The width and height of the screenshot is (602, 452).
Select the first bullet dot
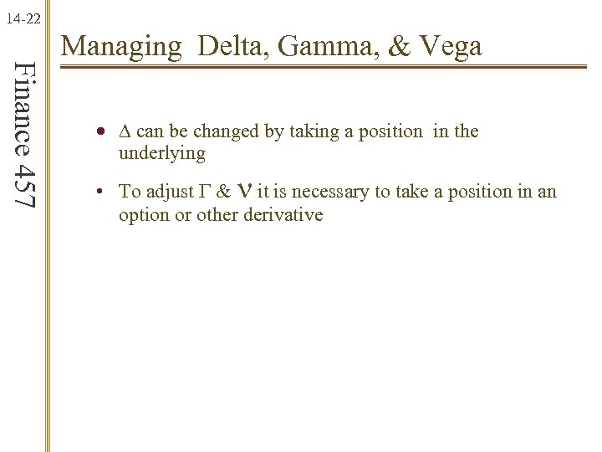pyautogui.click(x=100, y=132)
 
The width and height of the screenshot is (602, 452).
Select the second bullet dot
pyautogui.click(x=99, y=193)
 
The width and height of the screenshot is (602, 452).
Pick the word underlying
pyautogui.click(x=161, y=153)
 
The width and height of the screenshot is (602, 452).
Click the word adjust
pyautogui.click(x=173, y=193)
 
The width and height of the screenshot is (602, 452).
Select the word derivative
pyautogui.click(x=281, y=215)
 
